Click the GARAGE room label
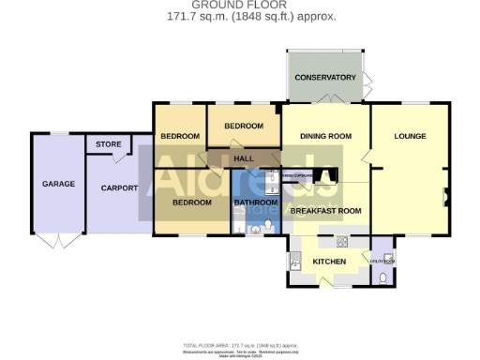pyautogui.click(x=58, y=184)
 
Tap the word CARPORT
pyautogui.click(x=119, y=188)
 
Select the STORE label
pyautogui.click(x=103, y=144)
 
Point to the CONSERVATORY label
pyautogui.click(x=324, y=77)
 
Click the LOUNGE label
pyautogui.click(x=410, y=137)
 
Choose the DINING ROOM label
pyautogui.click(x=325, y=137)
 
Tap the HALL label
pyautogui.click(x=244, y=158)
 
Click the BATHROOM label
pyautogui.click(x=256, y=202)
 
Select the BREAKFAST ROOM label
pyautogui.click(x=326, y=211)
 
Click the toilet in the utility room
pyautogui.click(x=385, y=277)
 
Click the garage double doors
pyautogui.click(x=58, y=241)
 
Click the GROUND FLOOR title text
pyautogui.click(x=239, y=5)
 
